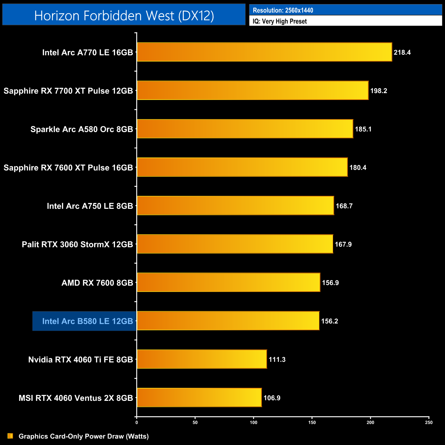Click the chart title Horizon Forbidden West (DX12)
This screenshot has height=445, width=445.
pyautogui.click(x=124, y=15)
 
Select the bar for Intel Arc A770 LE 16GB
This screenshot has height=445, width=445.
pyautogui.click(x=264, y=52)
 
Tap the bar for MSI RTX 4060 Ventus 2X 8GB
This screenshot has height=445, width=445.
pyautogui.click(x=199, y=397)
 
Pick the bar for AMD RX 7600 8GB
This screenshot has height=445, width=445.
pyautogui.click(x=228, y=282)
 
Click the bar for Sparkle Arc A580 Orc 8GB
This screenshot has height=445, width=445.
pyautogui.click(x=245, y=129)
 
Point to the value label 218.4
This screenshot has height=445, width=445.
pyautogui.click(x=402, y=52)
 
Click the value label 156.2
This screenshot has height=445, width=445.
pyautogui.click(x=330, y=321)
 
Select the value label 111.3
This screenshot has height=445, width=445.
pyautogui.click(x=277, y=359)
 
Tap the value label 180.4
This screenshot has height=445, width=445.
pyautogui.click(x=358, y=167)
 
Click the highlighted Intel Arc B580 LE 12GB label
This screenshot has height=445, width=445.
pyautogui.click(x=87, y=321)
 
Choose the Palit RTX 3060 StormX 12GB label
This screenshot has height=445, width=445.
pyautogui.click(x=77, y=244)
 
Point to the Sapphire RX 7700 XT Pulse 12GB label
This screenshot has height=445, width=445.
pyautogui.click(x=68, y=91)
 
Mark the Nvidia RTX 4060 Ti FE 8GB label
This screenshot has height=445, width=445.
pyautogui.click(x=80, y=359)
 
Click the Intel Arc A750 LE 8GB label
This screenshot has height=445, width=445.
pyautogui.click(x=90, y=206)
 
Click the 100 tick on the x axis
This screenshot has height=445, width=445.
pyautogui.click(x=254, y=422)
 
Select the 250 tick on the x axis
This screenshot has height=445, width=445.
pyautogui.click(x=429, y=422)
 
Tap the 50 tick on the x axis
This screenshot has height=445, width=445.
pyautogui.click(x=195, y=422)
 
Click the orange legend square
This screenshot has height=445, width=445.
pyautogui.click(x=10, y=436)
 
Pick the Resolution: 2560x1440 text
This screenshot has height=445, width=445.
pyautogui.click(x=283, y=10)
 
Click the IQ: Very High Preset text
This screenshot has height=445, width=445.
pyautogui.click(x=280, y=21)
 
